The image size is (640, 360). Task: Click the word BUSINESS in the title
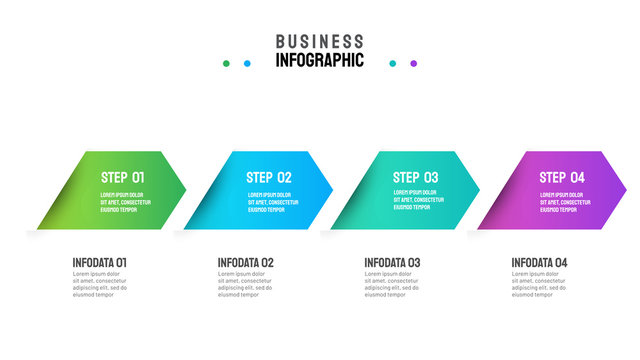coord(320,41)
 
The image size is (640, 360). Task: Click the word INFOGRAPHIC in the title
coord(320,60)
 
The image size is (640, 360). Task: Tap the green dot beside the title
coord(226,63)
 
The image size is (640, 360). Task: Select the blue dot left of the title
coord(247,63)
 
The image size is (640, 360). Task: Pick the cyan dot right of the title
coord(392,63)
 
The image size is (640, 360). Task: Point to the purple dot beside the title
coord(413,63)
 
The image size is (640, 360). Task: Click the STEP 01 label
coord(124,177)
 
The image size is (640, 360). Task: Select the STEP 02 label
coord(269,177)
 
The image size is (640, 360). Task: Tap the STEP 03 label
coord(416,177)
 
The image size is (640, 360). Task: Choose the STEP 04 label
coord(562,177)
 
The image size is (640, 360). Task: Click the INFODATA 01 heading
coord(100,262)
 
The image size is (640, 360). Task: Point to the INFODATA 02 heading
coord(246,262)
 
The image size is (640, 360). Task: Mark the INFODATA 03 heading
coord(392,262)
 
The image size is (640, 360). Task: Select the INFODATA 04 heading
coord(539,262)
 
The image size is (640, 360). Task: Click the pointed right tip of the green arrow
coord(185,190)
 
